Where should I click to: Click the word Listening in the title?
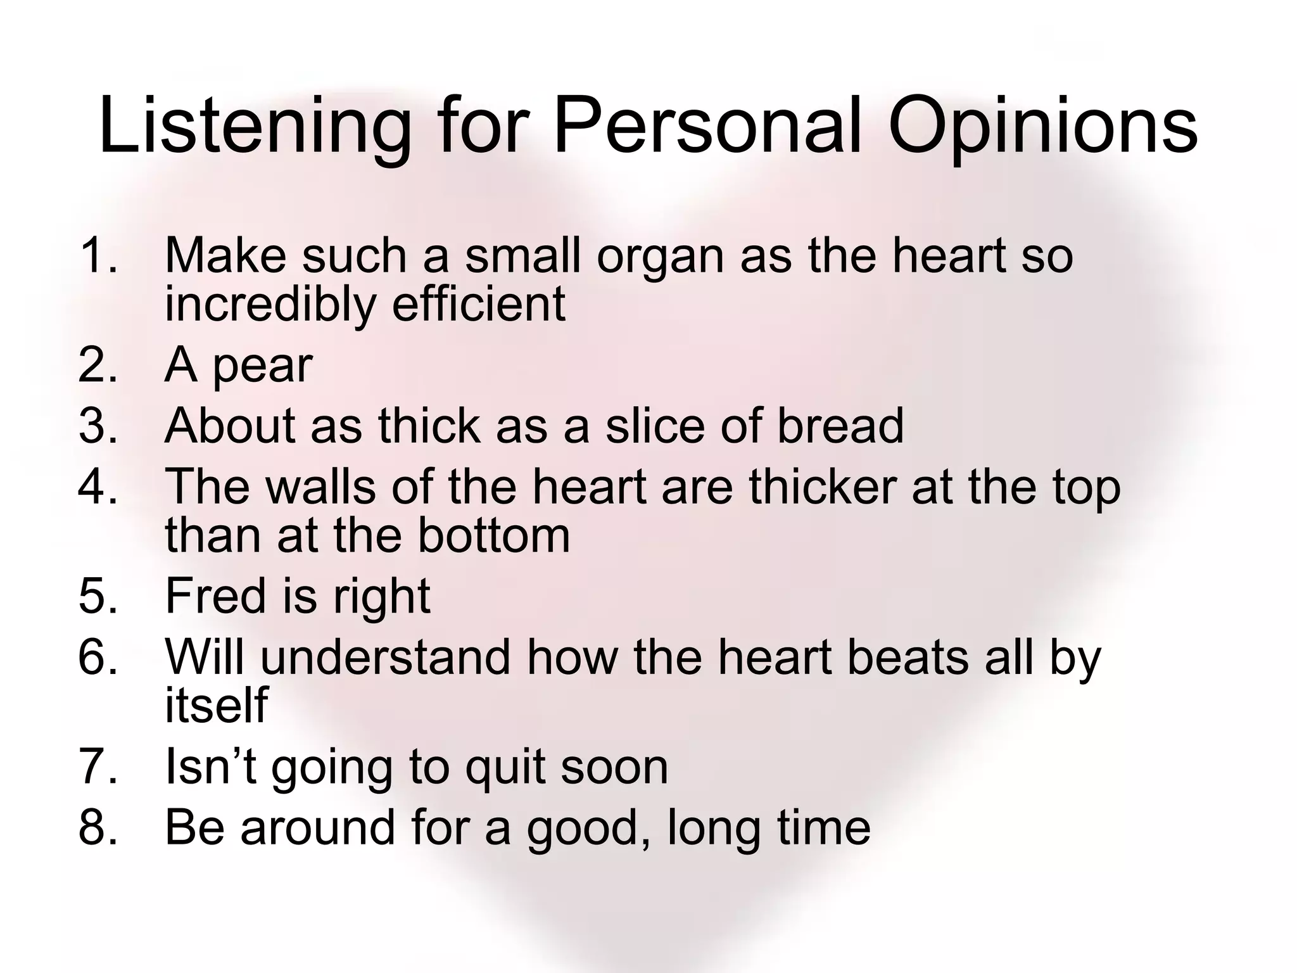point(253,127)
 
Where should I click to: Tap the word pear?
point(262,367)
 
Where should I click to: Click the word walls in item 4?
point(320,486)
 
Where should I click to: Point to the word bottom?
point(493,535)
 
